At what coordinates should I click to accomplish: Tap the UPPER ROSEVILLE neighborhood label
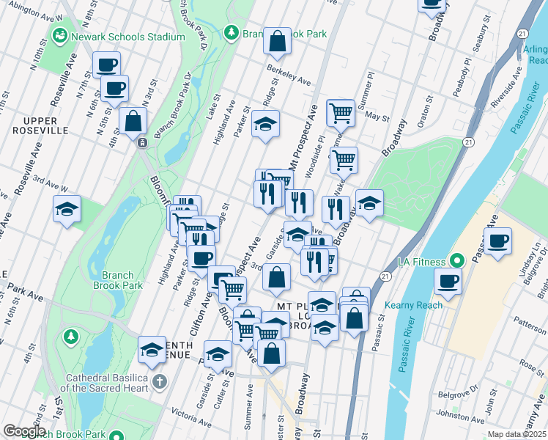pyautogui.click(x=40, y=125)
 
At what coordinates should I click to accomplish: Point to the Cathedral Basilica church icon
pyautogui.click(x=160, y=381)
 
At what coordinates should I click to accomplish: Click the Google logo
pyautogui.click(x=24, y=431)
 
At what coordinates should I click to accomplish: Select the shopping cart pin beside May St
pyautogui.click(x=341, y=113)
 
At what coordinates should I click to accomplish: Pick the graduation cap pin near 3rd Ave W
pyautogui.click(x=67, y=210)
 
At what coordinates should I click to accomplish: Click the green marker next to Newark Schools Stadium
pyautogui.click(x=59, y=36)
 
